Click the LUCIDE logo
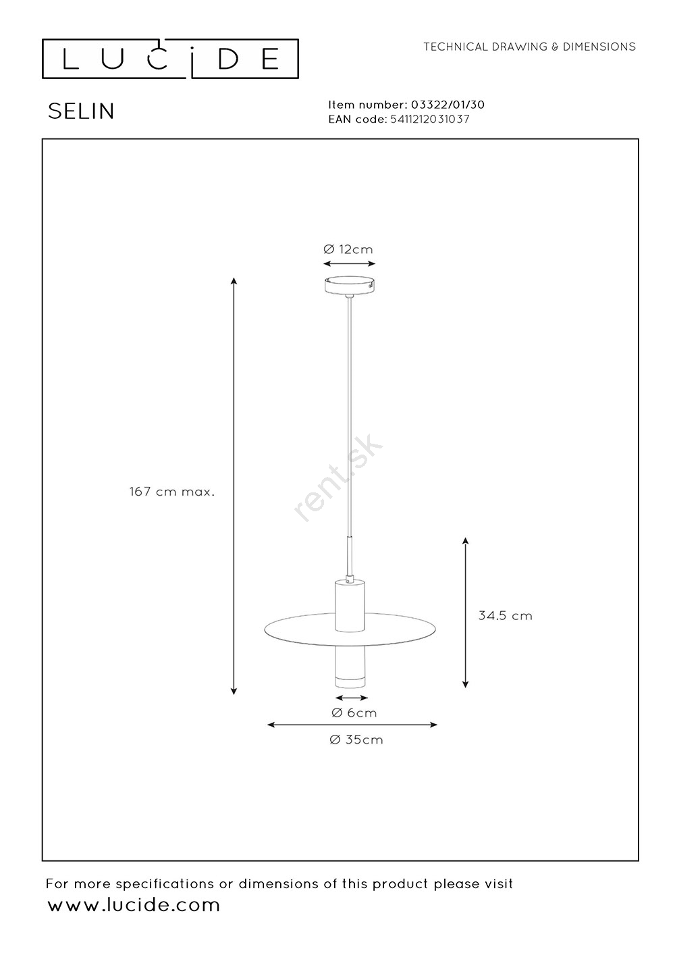[170, 59]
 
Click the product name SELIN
[81, 111]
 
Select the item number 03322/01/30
[448, 105]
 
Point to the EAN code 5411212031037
[430, 119]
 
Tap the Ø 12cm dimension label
[348, 249]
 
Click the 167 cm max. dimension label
[172, 492]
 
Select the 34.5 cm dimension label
[506, 616]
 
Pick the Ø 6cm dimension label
[354, 713]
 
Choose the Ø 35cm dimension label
[356, 740]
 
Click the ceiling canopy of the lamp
[350, 285]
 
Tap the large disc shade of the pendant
[350, 629]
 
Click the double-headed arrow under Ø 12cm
[349, 263]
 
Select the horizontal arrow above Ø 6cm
[352, 698]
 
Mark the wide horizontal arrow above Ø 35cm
[352, 724]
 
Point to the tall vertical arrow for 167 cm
[234, 486]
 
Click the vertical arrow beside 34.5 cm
[465, 613]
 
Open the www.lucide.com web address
[134, 905]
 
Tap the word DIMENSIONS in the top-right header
[599, 47]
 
